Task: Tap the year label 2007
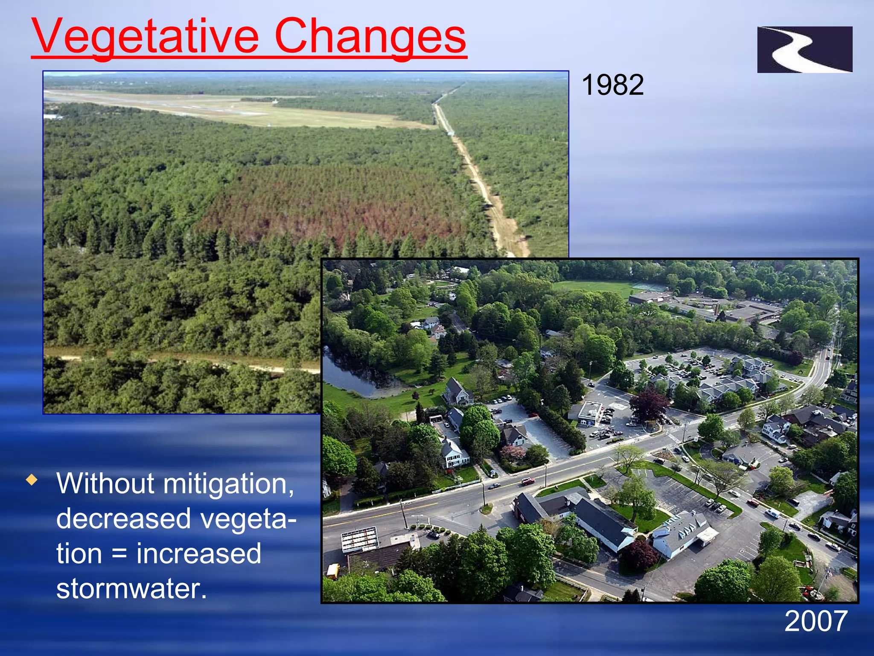pos(816,621)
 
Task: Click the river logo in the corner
pos(804,50)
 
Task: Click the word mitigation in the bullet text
pos(228,484)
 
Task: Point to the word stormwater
pos(131,589)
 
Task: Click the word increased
pos(198,553)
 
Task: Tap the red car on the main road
pos(528,481)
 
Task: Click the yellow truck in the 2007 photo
pos(333,571)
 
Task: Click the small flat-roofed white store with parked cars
pos(589,412)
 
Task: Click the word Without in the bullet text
pos(105,484)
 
